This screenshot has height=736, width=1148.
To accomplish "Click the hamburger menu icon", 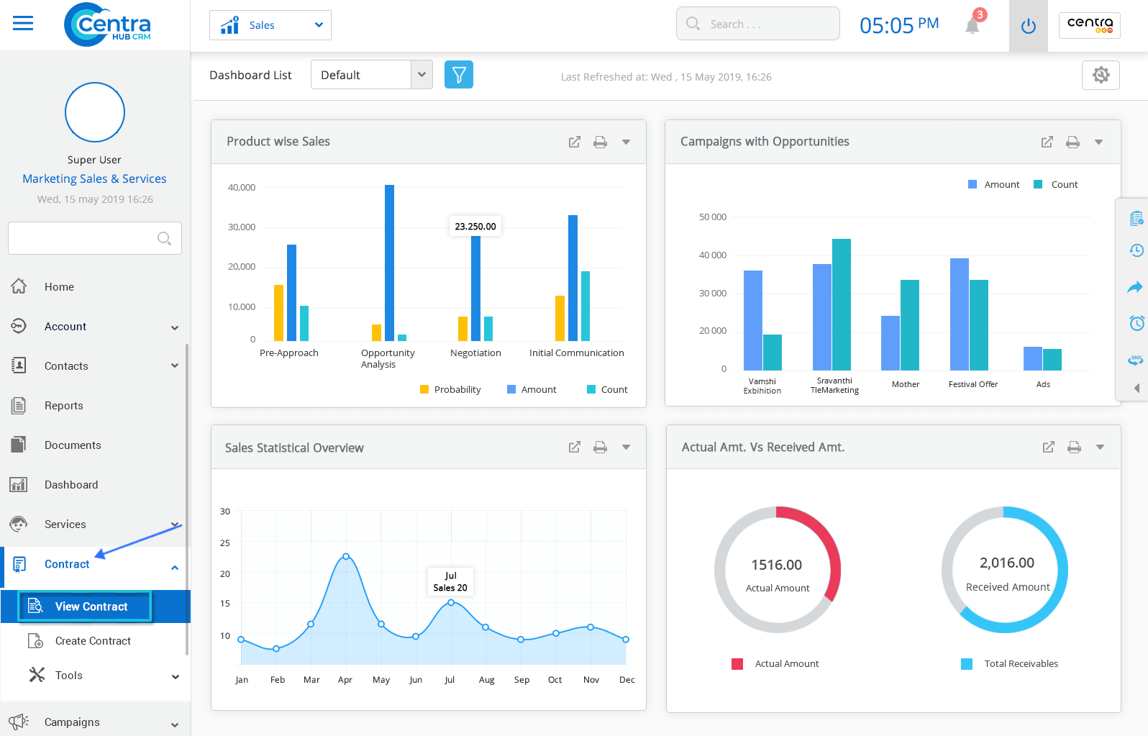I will (23, 24).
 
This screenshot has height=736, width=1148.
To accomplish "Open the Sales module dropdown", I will (270, 25).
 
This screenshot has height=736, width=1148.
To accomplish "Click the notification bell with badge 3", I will (972, 25).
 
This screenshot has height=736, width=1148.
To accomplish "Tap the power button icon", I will (1029, 26).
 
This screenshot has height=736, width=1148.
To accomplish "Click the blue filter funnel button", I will (459, 75).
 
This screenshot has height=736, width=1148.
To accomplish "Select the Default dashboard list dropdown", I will (371, 75).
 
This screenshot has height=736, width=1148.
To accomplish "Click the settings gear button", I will (1101, 75).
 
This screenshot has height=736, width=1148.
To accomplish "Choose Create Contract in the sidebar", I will (93, 641).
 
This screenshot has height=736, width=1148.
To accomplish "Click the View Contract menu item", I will (91, 606).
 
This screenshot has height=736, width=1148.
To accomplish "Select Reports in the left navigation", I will (63, 406).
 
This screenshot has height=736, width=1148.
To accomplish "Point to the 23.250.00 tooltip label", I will (475, 226).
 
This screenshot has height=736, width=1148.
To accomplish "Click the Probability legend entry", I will (450, 389).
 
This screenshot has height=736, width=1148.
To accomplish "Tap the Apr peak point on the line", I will (346, 556).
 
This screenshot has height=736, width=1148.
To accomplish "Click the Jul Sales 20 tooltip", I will (450, 581).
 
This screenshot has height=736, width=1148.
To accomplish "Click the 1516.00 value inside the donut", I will (776, 565).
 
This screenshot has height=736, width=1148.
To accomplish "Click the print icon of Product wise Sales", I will (600, 142).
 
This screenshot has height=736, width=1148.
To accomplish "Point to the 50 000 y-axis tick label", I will (712, 217).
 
